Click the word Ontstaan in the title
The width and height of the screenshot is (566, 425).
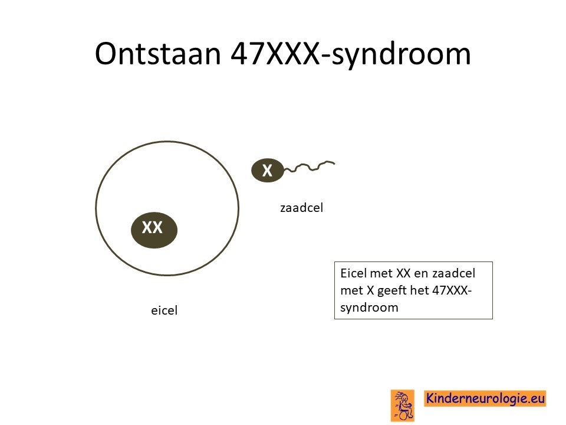[x=158, y=54]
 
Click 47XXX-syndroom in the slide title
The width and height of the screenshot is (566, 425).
[x=350, y=54]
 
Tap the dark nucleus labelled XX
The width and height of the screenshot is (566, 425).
[x=154, y=230]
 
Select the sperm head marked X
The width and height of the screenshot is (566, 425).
[x=268, y=170]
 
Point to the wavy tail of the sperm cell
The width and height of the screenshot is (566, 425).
[x=310, y=166]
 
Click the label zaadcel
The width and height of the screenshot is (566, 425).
[x=301, y=208]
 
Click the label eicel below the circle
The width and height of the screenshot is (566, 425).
[x=164, y=310]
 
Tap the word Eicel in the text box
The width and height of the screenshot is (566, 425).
[x=354, y=273]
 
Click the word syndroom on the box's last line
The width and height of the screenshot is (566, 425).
[x=369, y=308]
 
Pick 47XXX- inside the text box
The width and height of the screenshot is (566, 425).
[x=452, y=290]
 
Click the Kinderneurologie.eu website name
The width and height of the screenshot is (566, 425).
[x=485, y=398]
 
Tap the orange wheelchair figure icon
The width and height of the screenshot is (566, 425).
[x=403, y=405]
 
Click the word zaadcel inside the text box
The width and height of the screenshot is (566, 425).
[x=454, y=273]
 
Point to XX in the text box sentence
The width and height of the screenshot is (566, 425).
[x=403, y=273]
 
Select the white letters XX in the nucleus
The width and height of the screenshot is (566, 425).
[x=152, y=227]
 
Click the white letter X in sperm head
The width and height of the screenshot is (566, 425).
[x=267, y=170]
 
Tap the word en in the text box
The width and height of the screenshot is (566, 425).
[x=421, y=273]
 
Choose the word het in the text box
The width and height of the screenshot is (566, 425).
[x=419, y=290]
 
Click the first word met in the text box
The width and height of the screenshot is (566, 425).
[x=381, y=273]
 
